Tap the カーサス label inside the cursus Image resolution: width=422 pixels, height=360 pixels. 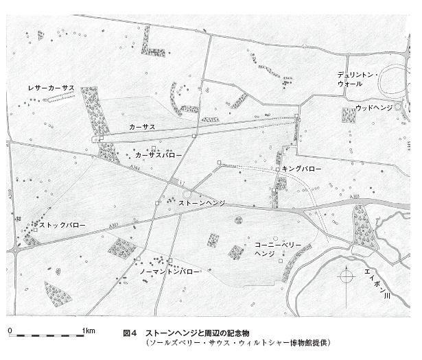141,128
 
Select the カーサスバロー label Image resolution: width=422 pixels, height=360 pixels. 159,156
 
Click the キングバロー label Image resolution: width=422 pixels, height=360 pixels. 301,168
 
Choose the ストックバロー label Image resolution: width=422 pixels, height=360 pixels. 62,224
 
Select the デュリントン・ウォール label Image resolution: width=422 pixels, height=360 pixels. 355,77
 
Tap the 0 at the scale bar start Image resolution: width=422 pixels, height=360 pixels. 10,331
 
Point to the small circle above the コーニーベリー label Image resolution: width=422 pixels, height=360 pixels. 238,219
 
